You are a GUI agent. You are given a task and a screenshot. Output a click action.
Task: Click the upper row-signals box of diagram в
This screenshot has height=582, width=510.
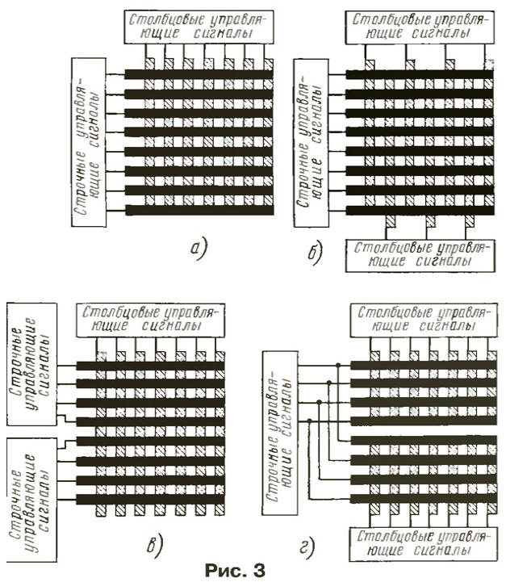[30, 362]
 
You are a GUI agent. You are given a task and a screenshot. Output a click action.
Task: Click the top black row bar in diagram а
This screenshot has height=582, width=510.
[199, 75]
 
